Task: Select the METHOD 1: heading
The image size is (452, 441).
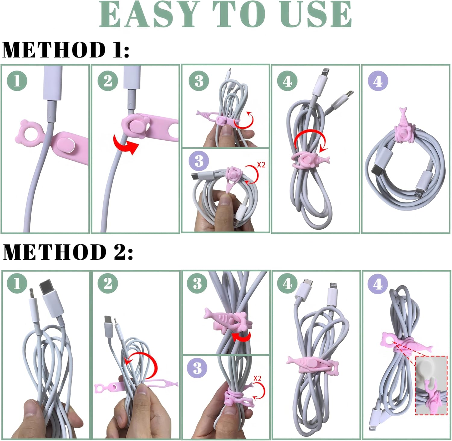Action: [66, 49]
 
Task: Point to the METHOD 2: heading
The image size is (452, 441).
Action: [68, 252]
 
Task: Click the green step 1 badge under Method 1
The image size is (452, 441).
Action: [17, 81]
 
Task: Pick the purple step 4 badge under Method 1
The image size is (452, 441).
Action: [378, 81]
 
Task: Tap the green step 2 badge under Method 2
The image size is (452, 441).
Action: [108, 283]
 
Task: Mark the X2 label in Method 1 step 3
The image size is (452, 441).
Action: [261, 165]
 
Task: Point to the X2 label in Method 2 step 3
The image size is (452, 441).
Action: [258, 378]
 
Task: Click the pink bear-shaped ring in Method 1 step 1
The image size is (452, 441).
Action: [30, 133]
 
